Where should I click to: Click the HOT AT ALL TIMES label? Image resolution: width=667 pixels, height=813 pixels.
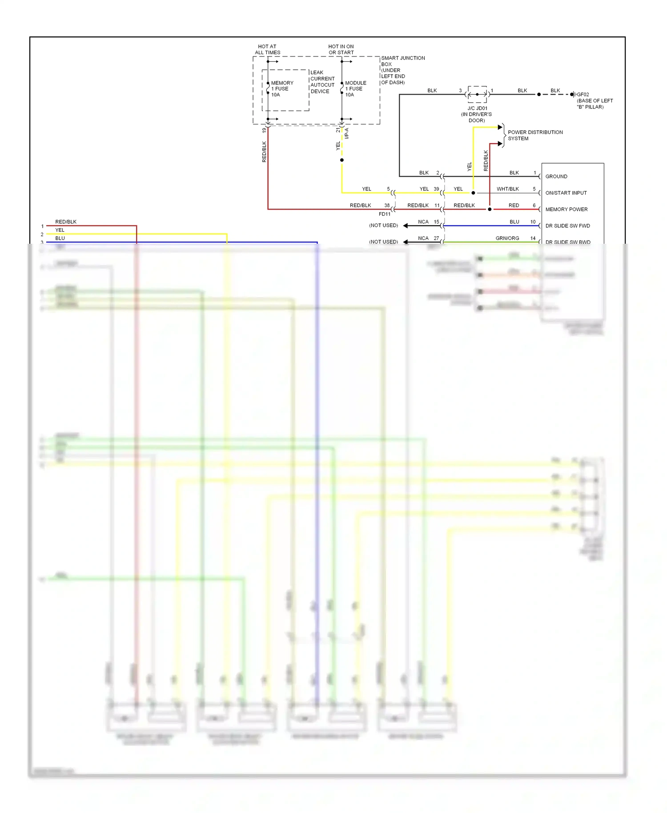(x=267, y=49)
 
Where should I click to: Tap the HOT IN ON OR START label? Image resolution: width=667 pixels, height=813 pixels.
(x=341, y=49)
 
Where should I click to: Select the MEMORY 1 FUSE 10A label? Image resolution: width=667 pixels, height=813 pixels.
(x=282, y=89)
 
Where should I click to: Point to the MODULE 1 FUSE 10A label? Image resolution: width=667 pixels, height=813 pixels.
(x=356, y=89)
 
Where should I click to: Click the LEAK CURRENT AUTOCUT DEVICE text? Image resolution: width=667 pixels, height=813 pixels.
(x=322, y=82)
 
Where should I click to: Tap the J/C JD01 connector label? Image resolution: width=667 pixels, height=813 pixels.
(x=477, y=109)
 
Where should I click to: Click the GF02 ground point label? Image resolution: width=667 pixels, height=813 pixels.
(x=583, y=95)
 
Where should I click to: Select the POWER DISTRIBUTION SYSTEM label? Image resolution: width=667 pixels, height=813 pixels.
(x=535, y=135)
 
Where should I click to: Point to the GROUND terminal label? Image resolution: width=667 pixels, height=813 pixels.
(x=556, y=177)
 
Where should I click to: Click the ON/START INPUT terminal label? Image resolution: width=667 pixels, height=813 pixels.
(x=566, y=193)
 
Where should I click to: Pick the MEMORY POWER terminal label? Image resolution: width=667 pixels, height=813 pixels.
(x=567, y=209)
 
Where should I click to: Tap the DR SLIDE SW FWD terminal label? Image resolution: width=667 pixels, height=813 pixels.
(x=567, y=226)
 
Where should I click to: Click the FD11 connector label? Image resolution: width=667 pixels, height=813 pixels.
(x=385, y=214)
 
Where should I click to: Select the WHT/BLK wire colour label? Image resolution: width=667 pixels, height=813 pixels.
(x=508, y=189)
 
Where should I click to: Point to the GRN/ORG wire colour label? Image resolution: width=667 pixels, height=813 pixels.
(x=507, y=238)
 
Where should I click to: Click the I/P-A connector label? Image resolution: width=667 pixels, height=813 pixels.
(x=347, y=133)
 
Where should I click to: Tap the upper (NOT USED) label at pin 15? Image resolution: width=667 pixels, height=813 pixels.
(x=383, y=225)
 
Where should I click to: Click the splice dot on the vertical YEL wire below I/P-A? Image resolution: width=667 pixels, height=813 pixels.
(x=342, y=160)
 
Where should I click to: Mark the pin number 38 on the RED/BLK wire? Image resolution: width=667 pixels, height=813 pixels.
(x=387, y=205)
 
